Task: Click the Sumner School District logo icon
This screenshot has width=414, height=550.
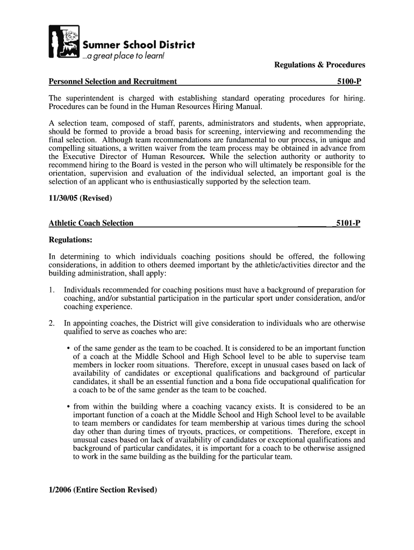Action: point(64,42)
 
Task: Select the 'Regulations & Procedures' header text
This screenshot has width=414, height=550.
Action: point(319,65)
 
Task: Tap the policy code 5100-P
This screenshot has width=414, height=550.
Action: point(348,82)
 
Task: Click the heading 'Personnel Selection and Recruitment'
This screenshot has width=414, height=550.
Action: point(113,82)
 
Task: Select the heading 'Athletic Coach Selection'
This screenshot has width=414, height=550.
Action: point(91,223)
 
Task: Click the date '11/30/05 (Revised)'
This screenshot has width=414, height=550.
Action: point(81,198)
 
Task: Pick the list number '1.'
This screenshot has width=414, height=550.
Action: point(52,290)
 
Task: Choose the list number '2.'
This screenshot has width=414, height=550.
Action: point(52,323)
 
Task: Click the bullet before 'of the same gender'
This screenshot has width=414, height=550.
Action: point(69,349)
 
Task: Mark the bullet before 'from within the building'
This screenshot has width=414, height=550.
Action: point(69,407)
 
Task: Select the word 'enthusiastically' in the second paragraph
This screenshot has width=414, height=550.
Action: point(180,182)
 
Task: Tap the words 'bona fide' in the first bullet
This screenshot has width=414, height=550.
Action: point(249,382)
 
